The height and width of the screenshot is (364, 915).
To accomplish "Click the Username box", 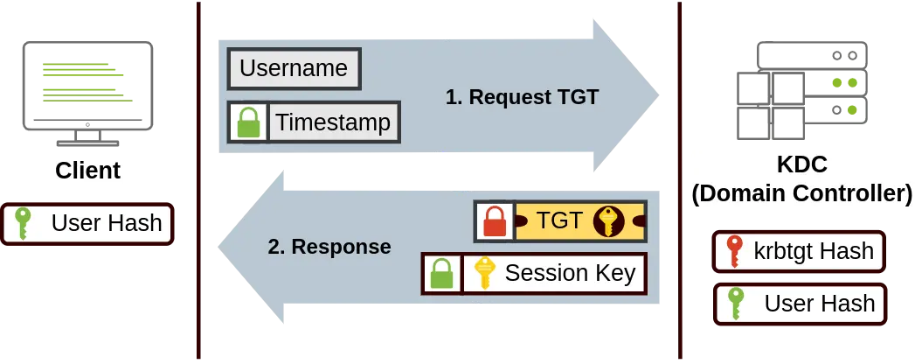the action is (295, 68).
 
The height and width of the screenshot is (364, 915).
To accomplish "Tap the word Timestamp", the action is (333, 122).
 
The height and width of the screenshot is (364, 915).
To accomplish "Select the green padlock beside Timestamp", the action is (248, 122).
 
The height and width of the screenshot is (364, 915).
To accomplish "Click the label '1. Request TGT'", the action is (523, 97).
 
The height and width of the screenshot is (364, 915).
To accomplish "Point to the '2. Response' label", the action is (329, 247).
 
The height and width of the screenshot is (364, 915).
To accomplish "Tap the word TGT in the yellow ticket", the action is (559, 220).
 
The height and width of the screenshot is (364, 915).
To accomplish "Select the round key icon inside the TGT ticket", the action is (608, 220).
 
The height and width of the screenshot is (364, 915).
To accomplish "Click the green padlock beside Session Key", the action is (441, 274).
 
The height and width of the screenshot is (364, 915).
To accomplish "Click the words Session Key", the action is (570, 273).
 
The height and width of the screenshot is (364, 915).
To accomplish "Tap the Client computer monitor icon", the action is (87, 94).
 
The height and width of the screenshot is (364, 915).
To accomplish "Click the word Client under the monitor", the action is (88, 171).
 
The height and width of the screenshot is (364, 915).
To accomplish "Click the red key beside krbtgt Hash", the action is (733, 251).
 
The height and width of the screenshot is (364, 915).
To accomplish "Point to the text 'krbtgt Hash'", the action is (814, 251).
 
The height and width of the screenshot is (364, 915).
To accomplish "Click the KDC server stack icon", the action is (802, 90).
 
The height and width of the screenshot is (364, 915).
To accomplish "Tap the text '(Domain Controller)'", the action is (801, 193).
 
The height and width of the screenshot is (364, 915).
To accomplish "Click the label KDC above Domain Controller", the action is (801, 164).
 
